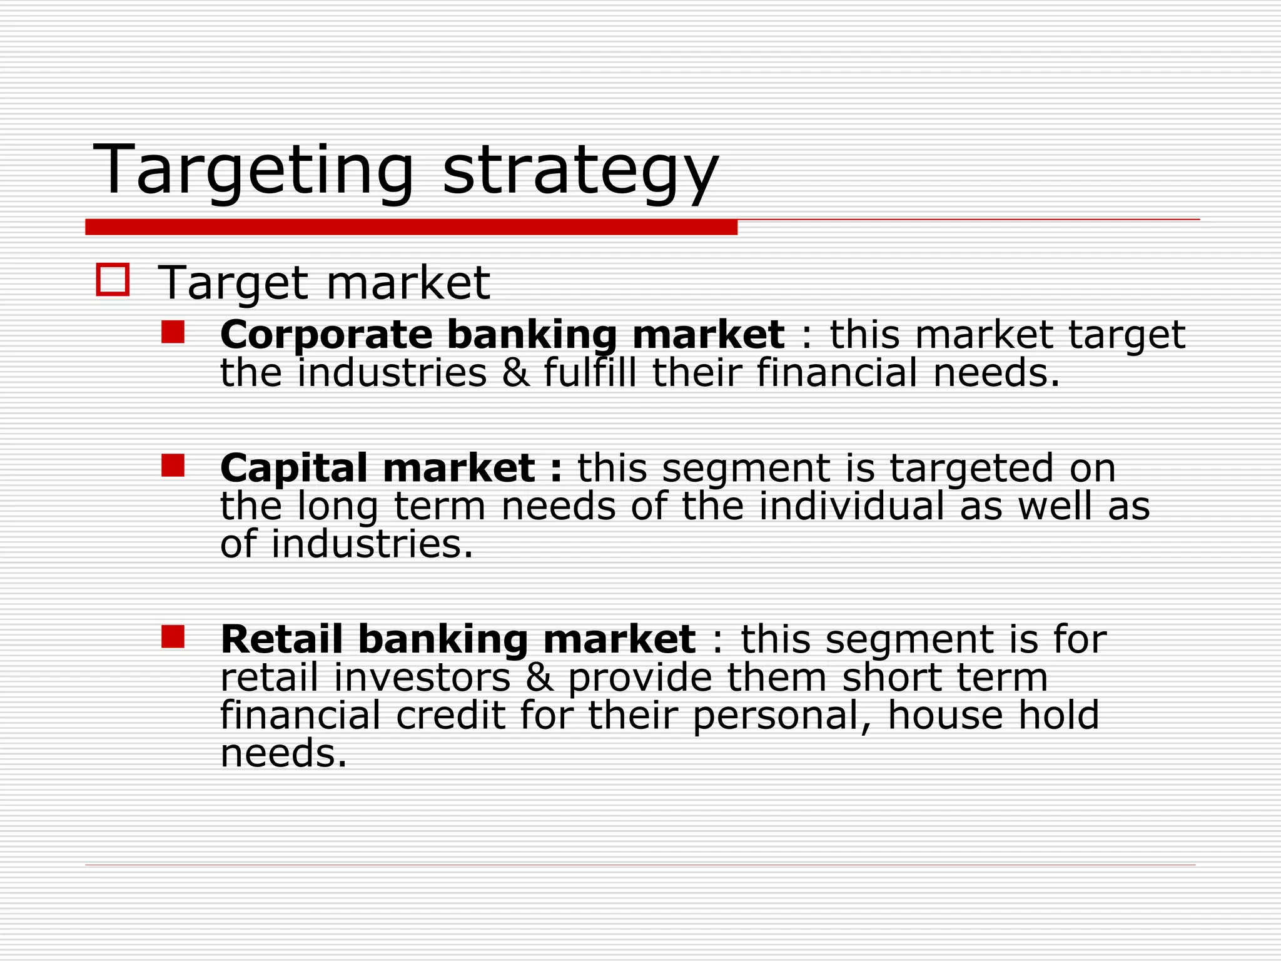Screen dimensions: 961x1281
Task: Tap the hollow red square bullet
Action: click(113, 279)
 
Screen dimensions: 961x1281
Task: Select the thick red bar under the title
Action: click(411, 227)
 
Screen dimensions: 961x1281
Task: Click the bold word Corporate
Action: click(326, 335)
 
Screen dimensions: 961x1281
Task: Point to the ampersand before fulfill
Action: click(515, 374)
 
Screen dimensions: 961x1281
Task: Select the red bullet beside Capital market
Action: click(173, 465)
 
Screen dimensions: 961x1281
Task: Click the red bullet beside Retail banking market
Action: click(173, 637)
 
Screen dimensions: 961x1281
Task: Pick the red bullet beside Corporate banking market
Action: click(173, 332)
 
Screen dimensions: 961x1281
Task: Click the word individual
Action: click(851, 506)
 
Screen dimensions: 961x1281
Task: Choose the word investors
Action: click(422, 678)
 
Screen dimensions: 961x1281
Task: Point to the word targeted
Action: click(971, 468)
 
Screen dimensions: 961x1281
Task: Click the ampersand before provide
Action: click(539, 678)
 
